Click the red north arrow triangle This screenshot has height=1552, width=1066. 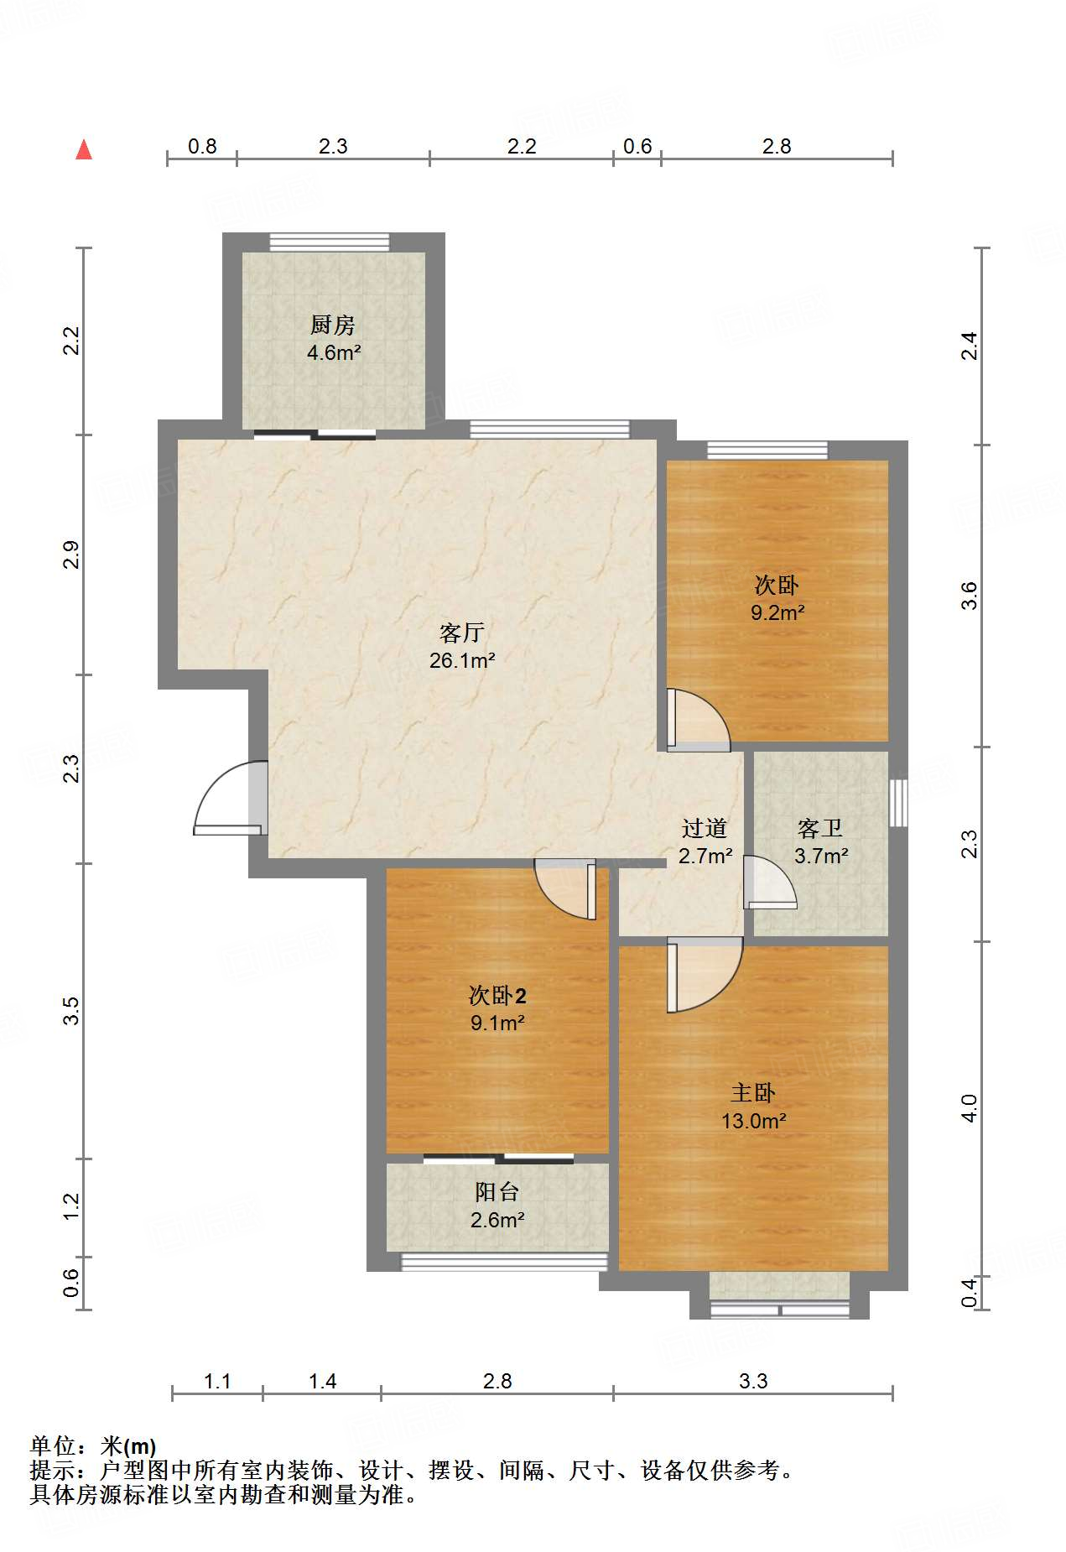(84, 149)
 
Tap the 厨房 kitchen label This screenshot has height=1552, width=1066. (333, 325)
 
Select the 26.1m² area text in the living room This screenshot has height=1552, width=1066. (462, 660)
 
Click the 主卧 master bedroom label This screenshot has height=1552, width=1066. (753, 1093)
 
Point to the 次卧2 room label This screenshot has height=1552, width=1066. (497, 996)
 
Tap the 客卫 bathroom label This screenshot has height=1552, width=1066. (820, 829)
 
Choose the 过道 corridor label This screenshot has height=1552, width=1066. (705, 829)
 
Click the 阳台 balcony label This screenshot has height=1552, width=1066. (497, 1192)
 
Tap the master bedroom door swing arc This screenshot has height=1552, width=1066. (705, 975)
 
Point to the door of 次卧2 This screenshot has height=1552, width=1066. (565, 889)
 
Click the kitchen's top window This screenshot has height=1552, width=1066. (330, 242)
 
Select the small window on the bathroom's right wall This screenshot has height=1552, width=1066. (898, 803)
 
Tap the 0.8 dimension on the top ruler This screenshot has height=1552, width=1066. (202, 147)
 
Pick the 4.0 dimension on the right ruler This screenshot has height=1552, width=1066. (969, 1108)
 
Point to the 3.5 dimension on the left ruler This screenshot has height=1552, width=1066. (71, 1011)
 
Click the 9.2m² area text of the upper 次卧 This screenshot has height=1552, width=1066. (777, 613)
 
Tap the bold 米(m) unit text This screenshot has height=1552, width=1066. (128, 1446)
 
